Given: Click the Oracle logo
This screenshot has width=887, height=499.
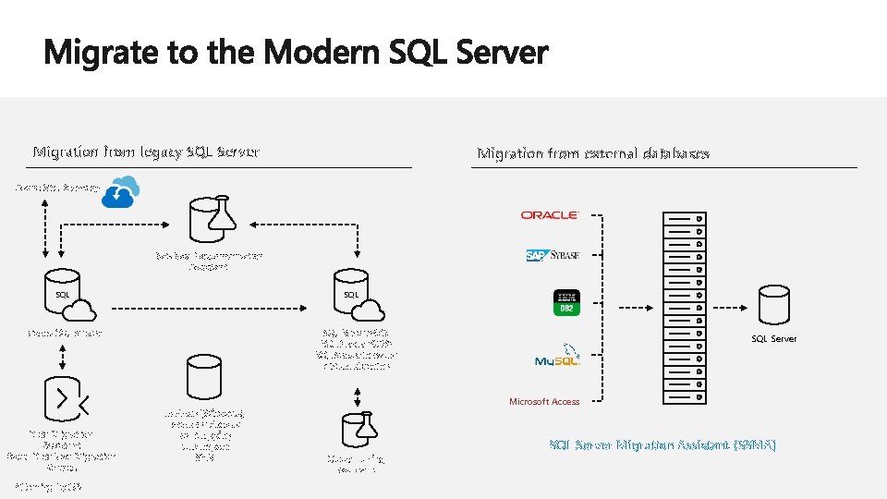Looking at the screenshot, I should click(x=550, y=214).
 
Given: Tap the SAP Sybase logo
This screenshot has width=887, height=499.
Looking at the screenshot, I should click(x=553, y=256).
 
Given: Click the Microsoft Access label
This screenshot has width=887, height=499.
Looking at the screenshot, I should click(x=544, y=402).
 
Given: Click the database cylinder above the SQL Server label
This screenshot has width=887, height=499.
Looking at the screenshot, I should click(x=773, y=305).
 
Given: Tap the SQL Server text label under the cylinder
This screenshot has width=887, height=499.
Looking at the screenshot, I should click(x=773, y=339).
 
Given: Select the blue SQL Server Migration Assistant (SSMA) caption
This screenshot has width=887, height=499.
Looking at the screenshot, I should click(x=662, y=445).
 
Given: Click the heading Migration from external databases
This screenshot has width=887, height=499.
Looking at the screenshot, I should click(x=593, y=153).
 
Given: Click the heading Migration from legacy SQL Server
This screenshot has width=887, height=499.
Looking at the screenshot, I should click(x=146, y=152).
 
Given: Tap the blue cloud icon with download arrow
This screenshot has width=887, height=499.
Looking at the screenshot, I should click(x=121, y=193).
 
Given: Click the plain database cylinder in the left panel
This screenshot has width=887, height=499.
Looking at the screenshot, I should click(x=203, y=378).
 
